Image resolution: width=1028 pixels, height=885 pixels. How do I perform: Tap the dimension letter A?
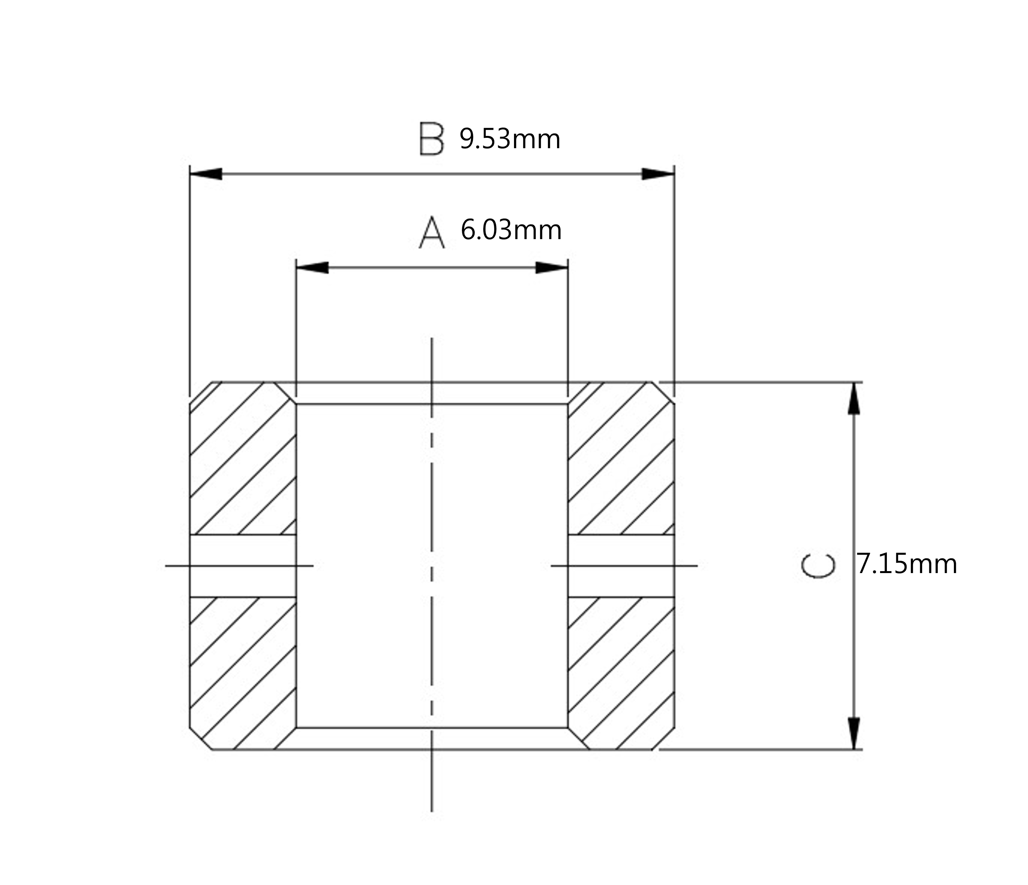432,232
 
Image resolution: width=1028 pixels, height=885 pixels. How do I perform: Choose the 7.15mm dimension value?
907,565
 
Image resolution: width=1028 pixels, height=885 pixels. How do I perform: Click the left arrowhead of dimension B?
206,174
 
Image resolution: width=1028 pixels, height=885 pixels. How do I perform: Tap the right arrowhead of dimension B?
658,174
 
